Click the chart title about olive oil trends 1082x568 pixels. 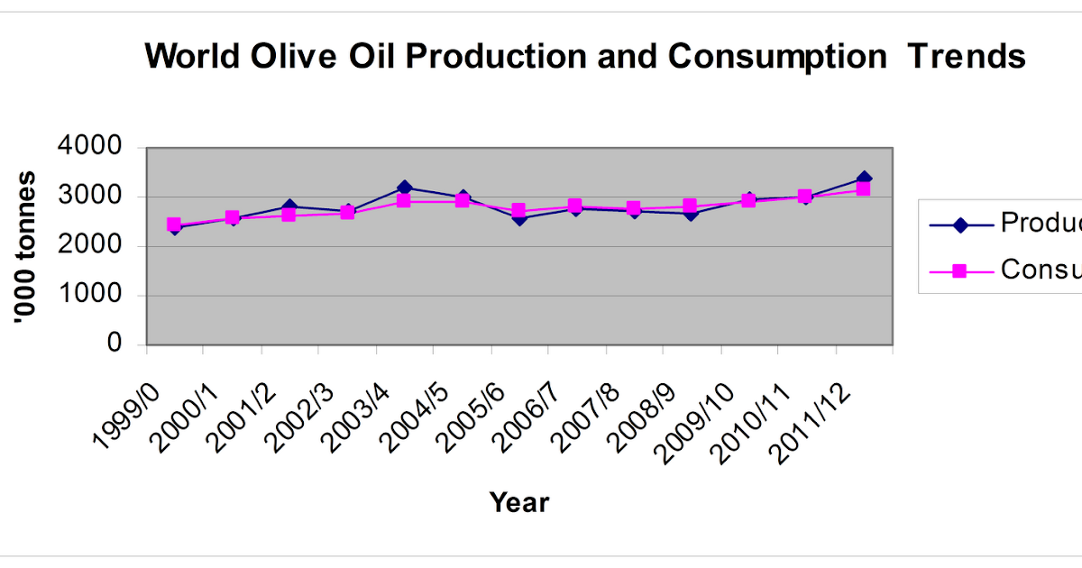coord(584,57)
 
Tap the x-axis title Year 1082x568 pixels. coord(519,502)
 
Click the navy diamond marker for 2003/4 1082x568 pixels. coord(404,188)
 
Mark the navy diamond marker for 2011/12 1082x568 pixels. coord(863,179)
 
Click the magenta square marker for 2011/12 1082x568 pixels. coord(863,189)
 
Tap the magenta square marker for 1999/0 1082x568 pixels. coord(174,224)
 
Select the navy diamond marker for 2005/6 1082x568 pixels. coord(518,218)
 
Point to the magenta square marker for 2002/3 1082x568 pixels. coord(347,213)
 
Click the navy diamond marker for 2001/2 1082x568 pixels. coord(289,206)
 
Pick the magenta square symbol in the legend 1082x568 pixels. coord(959,270)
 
